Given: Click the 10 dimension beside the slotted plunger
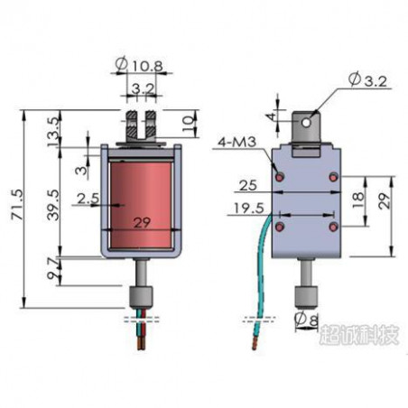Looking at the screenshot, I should pyautogui.click(x=188, y=121).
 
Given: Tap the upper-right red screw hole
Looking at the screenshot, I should pyautogui.click(x=334, y=173).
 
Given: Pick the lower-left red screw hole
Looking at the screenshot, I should pyautogui.click(x=279, y=223).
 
